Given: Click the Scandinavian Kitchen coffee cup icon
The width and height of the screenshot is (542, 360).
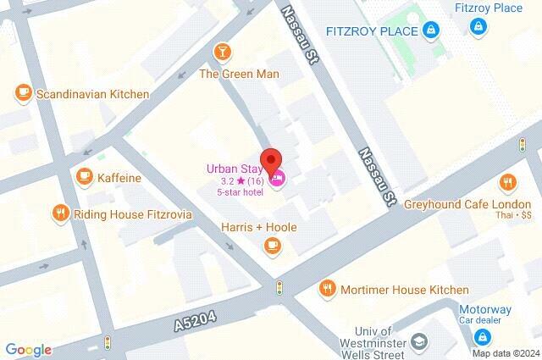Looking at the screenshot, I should [23, 94].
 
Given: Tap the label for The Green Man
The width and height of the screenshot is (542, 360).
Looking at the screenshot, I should [239, 74].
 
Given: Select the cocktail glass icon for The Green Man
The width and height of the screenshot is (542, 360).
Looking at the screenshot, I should [223, 53].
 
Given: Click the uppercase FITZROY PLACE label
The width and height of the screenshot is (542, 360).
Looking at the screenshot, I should [372, 31].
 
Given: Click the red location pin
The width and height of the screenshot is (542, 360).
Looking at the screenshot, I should [270, 161].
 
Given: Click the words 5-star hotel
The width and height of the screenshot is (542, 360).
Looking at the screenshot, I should [241, 191].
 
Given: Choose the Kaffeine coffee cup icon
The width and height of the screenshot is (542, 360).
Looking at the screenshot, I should [84, 176].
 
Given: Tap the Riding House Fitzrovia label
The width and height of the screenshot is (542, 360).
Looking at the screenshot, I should [133, 214].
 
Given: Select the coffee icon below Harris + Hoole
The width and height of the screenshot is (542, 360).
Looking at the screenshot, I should [271, 245].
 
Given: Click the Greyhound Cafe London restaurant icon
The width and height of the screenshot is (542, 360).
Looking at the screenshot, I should [507, 182].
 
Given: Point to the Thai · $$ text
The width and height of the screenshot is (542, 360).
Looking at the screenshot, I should [514, 215].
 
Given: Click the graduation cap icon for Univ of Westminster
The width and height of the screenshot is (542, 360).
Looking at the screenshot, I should [418, 341].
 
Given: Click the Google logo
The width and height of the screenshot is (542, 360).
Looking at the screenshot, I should [28, 350].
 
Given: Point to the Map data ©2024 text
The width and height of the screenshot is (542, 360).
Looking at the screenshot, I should [505, 353].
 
